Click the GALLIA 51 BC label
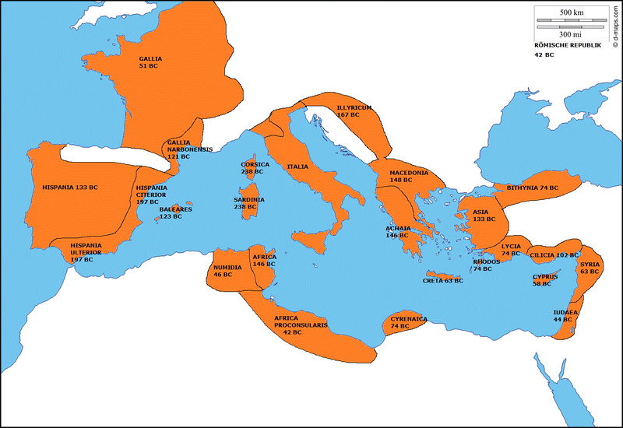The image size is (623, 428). pos(151,62)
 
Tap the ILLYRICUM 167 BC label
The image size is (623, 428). pos(354,111)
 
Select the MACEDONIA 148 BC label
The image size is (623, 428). pos(409,177)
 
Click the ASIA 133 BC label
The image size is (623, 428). pos(480,216)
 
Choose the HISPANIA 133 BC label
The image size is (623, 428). pos(70,188)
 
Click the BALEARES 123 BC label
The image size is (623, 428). pos(171,212)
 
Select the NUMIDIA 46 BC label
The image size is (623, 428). pos(227,271)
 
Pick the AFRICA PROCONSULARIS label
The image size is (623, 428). pos(301,325)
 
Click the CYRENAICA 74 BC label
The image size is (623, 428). pos(409,322)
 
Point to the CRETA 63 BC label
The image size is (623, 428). pos(442,280)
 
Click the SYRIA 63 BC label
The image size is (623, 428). pos(589,268)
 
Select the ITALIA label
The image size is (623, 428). pos(297,167)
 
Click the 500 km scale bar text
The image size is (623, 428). pos(572,13)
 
